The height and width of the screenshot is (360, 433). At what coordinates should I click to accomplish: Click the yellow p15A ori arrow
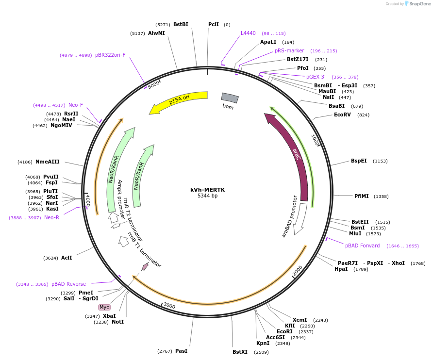click(x=180, y=101)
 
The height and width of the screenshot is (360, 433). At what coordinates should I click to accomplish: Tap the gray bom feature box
click(x=230, y=98)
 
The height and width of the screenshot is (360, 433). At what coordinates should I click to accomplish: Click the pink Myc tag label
click(x=104, y=307)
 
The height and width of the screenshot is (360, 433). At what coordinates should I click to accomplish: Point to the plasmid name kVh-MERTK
click(x=207, y=190)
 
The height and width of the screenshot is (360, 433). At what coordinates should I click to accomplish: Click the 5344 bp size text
click(x=207, y=196)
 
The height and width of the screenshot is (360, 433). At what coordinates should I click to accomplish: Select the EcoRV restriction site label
click(x=342, y=115)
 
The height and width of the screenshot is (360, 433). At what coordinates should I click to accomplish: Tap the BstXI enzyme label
click(x=240, y=352)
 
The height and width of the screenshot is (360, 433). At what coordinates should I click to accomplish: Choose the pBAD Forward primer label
click(x=362, y=245)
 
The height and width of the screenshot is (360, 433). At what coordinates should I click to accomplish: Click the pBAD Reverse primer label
click(x=68, y=284)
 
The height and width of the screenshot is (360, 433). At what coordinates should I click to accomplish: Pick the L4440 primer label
click(x=248, y=33)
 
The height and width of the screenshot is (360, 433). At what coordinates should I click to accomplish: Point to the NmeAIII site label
click(x=48, y=162)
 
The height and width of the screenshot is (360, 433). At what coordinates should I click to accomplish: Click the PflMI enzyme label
click(x=362, y=196)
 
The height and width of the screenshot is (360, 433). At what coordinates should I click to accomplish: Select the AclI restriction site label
click(x=67, y=258)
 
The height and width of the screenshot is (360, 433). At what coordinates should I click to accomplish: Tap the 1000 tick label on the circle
click(x=315, y=140)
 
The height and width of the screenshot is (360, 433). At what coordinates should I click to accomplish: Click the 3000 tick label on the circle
click(x=169, y=305)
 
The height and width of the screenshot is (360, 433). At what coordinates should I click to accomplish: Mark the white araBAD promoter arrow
click(x=300, y=219)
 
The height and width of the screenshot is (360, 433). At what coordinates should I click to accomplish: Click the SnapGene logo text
click(x=420, y=3)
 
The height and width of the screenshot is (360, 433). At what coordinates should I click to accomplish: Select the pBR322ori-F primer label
click(x=110, y=55)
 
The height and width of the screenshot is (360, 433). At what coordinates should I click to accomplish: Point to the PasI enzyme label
click(x=181, y=351)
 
